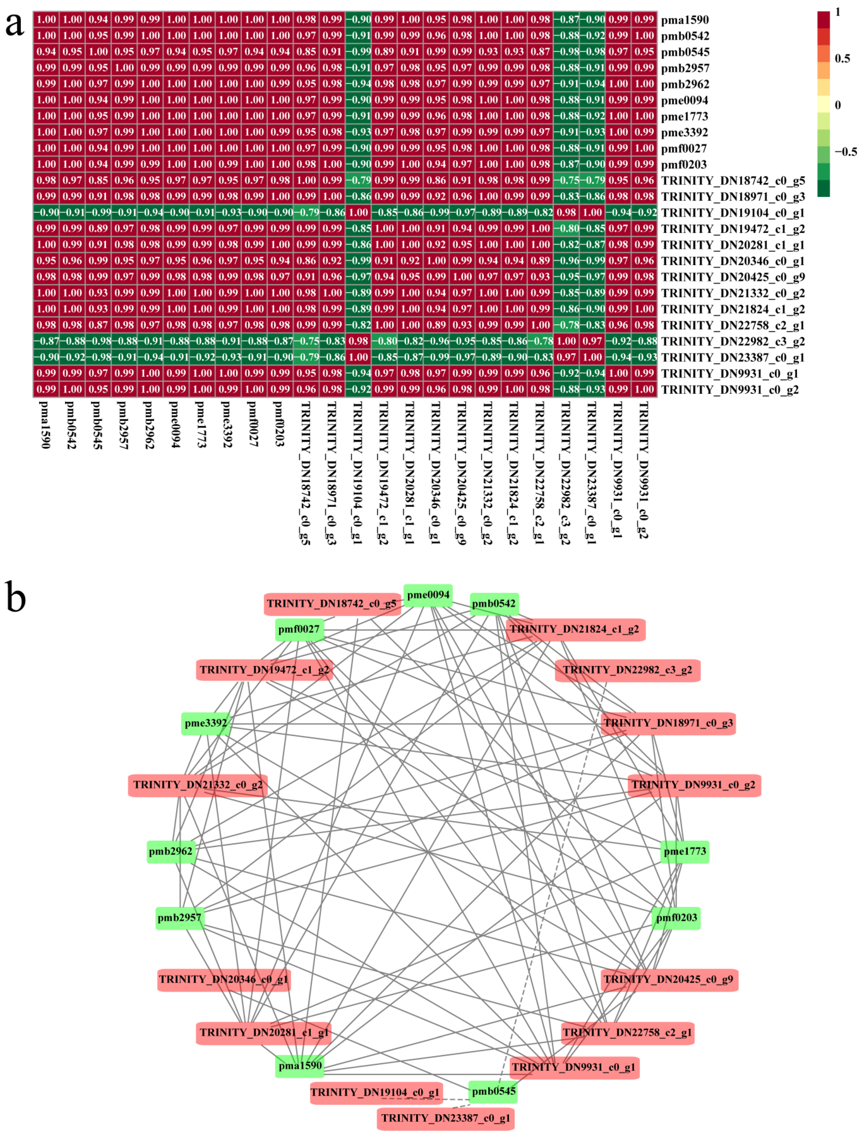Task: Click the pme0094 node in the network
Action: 428,595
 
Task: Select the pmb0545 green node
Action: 493,1092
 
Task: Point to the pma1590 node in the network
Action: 300,1066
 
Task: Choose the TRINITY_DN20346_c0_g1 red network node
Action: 223,979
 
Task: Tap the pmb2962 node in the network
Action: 171,851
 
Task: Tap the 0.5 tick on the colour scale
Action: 842,58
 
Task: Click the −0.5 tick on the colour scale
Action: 845,152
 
